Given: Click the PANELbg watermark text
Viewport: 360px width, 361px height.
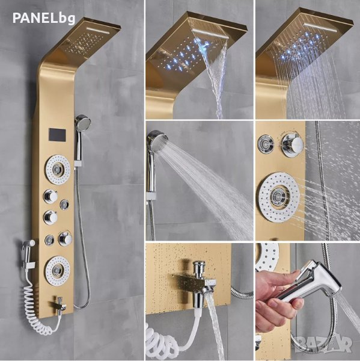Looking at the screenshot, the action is point(44,18).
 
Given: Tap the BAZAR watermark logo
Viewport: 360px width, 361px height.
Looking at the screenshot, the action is point(323,344).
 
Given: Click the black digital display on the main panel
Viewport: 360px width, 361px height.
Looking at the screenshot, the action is point(57,135).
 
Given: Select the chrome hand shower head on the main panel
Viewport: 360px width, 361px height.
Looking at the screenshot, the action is point(82,122).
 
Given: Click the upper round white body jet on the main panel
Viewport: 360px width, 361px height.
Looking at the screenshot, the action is point(58,169).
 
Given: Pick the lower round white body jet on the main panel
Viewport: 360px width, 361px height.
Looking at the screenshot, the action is point(58,270).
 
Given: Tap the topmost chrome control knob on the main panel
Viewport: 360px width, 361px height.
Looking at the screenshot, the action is point(50,196).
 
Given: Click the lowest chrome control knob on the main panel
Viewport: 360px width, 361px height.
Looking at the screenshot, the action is point(65,238).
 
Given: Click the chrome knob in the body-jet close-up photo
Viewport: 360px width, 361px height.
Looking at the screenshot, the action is point(293,143).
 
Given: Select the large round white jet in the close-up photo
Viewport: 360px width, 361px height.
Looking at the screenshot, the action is point(279,197).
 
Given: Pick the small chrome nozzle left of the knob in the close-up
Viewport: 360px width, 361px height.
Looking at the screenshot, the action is point(266,144).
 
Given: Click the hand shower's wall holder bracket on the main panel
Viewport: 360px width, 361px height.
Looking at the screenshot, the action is point(79,164).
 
